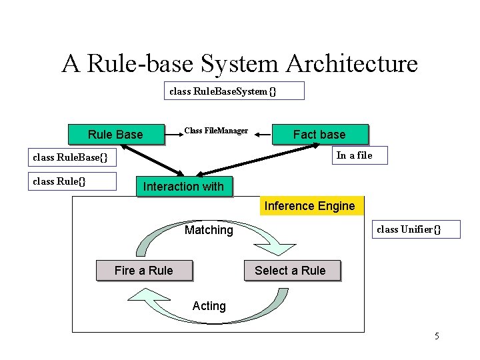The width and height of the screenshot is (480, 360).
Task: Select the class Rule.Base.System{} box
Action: [234, 91]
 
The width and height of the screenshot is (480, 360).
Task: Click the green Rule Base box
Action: [115, 135]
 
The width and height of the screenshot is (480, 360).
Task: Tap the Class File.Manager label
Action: [216, 131]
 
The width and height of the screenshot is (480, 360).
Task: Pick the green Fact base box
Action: [319, 135]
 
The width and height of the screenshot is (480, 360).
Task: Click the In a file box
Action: [354, 156]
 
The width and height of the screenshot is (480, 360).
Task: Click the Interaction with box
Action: [183, 187]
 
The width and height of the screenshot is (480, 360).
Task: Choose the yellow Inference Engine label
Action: [309, 206]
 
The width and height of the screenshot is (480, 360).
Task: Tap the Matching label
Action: [209, 230]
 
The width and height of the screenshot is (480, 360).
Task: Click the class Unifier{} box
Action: [408, 229]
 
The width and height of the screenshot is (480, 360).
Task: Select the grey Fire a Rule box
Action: [143, 270]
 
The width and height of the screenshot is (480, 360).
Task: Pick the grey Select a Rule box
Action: [290, 270]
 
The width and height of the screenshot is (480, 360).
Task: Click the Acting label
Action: [209, 306]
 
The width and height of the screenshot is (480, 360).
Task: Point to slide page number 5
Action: [437, 336]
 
